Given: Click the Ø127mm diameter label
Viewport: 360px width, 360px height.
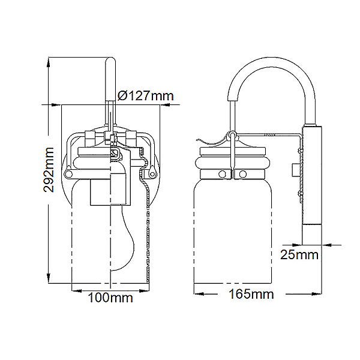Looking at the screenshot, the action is coord(146,95).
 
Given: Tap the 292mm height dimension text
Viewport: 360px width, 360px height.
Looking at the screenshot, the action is coord(49,170).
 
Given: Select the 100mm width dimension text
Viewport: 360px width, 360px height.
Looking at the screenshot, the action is coord(110,298).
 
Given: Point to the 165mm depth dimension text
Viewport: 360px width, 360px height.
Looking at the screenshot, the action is coord(251,294).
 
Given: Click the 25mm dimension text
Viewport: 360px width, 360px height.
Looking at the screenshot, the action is coord(299,254).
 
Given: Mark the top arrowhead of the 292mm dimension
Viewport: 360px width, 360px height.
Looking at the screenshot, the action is coord(48,62).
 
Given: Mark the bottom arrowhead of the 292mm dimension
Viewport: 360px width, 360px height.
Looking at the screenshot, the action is coord(49,278).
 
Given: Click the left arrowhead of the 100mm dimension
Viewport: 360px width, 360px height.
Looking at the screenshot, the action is coord(77,291).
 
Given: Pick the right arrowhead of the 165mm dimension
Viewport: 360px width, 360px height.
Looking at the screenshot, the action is coord(317,293).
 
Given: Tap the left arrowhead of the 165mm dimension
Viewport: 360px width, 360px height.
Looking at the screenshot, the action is coord(199,293).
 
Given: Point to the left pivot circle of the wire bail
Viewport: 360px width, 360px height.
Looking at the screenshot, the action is coord(68,173).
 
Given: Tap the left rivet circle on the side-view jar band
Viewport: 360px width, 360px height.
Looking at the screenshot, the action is coord(222,174).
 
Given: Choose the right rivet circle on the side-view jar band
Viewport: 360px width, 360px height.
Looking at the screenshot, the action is coord(242,174).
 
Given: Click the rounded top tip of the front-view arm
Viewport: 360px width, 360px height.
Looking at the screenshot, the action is coord(110,59).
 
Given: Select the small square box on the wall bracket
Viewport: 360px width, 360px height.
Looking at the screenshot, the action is coord(296,170).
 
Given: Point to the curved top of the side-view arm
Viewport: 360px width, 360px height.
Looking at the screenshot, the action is coord(272,62).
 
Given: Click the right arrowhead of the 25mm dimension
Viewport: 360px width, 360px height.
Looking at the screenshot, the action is coord(327,245).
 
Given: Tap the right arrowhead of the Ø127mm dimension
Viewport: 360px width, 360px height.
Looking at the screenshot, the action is coord(165,105).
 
